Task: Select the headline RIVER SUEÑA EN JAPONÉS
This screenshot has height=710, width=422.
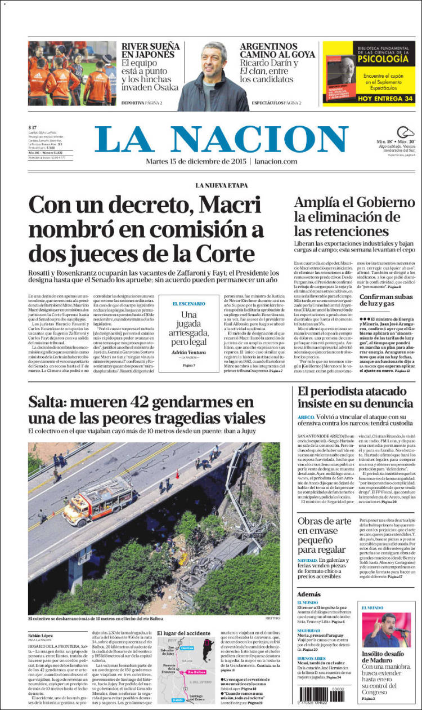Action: point(150,50)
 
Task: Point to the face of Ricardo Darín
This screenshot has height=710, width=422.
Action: point(213,62)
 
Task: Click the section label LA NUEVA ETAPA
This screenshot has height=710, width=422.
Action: point(223,185)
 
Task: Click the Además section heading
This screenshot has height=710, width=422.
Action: point(309,594)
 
